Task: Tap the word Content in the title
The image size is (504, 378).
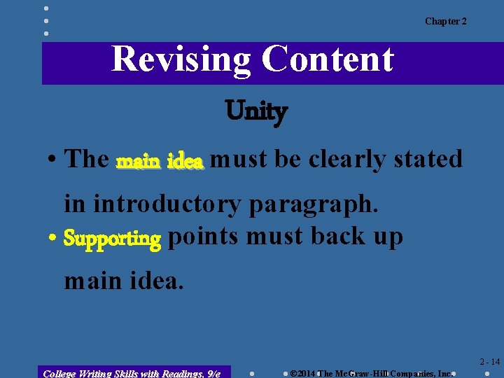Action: [x=328, y=59]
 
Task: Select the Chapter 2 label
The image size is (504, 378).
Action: [x=445, y=22]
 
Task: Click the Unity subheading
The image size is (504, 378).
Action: [x=256, y=111]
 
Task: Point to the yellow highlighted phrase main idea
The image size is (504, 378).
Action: [x=160, y=161]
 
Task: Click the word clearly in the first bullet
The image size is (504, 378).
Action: [x=346, y=160]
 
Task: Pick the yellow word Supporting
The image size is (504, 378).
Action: [x=112, y=239]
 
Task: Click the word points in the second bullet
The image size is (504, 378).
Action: [x=203, y=237]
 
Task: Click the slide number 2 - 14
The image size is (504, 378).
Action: [x=489, y=362]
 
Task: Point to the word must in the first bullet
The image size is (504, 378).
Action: [x=238, y=160]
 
